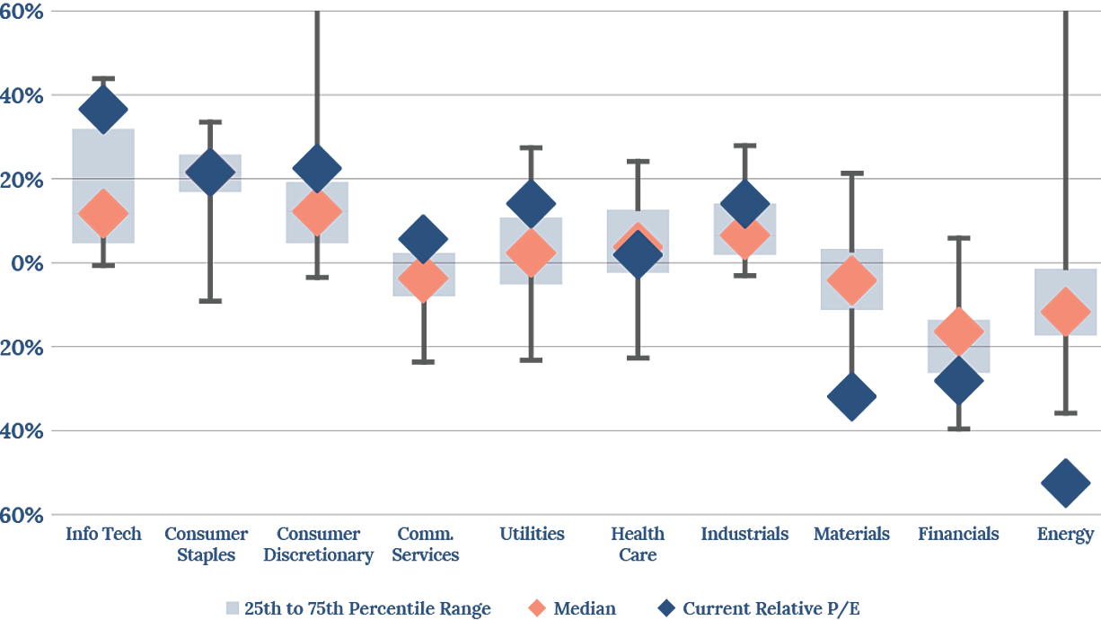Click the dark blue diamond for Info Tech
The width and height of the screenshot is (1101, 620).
tap(103, 110)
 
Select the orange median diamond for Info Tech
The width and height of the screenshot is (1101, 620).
tap(103, 213)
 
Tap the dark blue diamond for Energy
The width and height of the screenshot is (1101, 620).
tap(1066, 483)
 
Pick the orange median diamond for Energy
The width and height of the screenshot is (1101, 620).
tap(1066, 312)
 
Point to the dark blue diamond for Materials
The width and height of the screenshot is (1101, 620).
tap(852, 396)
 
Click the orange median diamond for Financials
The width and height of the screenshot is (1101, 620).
tap(958, 332)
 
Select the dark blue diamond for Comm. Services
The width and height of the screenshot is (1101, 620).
tap(423, 239)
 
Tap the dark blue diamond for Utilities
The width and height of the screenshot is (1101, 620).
tap(531, 204)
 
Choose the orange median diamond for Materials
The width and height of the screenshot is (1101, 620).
tap(852, 280)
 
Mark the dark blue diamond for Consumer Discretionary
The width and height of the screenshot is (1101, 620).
tap(317, 169)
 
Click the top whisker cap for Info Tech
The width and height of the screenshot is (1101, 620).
tap(103, 79)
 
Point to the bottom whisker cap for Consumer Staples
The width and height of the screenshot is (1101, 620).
tap(210, 301)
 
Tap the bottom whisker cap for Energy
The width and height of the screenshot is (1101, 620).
tap(1066, 413)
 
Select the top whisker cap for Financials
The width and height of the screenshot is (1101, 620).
tap(958, 238)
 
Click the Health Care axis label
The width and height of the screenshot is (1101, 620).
tap(638, 544)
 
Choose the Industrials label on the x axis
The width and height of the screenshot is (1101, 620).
tap(744, 534)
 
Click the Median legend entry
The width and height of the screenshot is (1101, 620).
tap(572, 608)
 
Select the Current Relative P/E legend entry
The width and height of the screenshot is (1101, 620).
tap(759, 608)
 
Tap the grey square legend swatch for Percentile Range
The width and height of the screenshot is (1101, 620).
tap(233, 608)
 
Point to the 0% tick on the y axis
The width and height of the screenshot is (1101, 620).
tap(27, 263)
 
